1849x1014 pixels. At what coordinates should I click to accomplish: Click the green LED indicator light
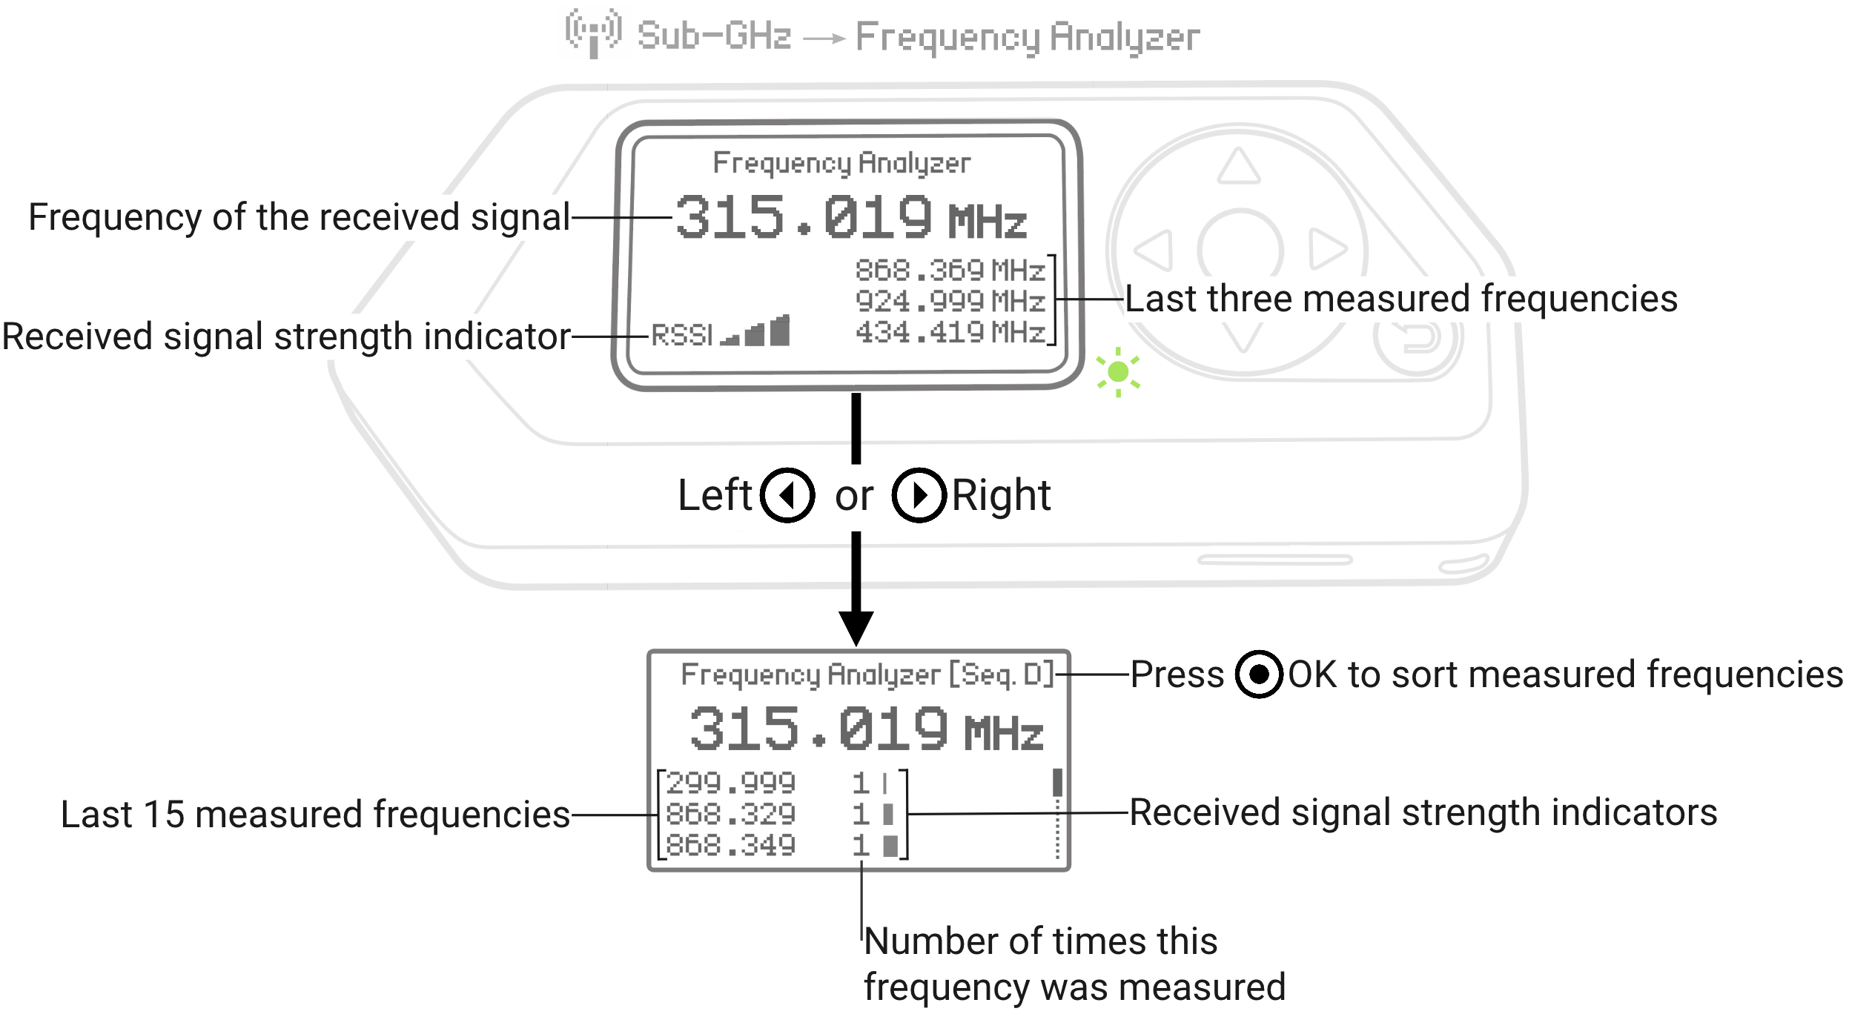pos(1118,372)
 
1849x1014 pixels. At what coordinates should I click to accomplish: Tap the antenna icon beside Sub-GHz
pos(592,33)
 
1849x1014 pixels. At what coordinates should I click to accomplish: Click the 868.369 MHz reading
pos(950,271)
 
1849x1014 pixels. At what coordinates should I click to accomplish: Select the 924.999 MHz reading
pos(950,302)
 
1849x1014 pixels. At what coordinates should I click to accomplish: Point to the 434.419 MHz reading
pos(950,333)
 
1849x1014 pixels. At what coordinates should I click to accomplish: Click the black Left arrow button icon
pos(787,495)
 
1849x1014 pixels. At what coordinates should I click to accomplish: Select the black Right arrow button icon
pos(919,495)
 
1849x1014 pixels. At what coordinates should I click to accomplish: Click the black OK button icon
pos(1259,675)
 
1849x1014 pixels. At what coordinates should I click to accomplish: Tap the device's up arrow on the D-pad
pos(1238,166)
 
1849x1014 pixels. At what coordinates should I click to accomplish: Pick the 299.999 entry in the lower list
pos(730,783)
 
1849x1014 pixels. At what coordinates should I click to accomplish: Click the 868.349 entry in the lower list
pos(730,846)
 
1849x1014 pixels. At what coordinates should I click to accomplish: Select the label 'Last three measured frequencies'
pos(1401,299)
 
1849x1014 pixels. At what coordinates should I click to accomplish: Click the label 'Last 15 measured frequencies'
pos(315,815)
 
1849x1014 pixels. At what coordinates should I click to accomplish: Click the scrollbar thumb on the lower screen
pos(1057,782)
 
